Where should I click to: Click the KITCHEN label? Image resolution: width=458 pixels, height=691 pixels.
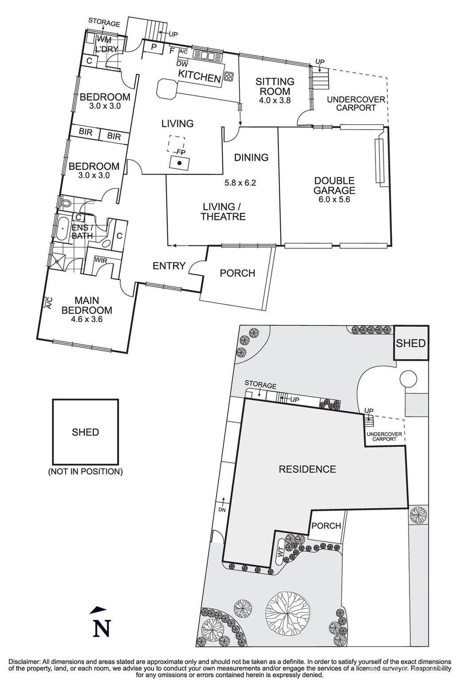pos(199,77)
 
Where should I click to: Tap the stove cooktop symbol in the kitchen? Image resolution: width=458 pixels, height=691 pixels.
pos(229,76)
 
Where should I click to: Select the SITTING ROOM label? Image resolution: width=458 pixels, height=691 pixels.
pos(275,86)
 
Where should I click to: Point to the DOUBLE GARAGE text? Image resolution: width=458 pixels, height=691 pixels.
pos(334,186)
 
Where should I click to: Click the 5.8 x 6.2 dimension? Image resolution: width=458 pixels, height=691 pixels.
pos(241,182)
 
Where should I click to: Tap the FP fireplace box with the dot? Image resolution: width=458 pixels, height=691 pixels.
pos(180,163)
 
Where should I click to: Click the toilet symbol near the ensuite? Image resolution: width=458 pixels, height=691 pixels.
pos(66,204)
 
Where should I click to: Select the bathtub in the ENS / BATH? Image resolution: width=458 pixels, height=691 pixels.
pos(62,229)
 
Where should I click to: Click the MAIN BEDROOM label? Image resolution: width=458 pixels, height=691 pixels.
pos(86,305)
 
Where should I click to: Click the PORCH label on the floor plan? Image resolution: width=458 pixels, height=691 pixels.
pos(237,273)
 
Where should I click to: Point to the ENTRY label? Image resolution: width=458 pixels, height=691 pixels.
pos(169,266)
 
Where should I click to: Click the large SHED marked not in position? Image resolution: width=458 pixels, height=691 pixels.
pos(85,432)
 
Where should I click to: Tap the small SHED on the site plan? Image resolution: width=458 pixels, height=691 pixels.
pos(410,343)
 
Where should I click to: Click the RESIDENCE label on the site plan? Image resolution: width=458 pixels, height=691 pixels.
pos(307,469)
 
